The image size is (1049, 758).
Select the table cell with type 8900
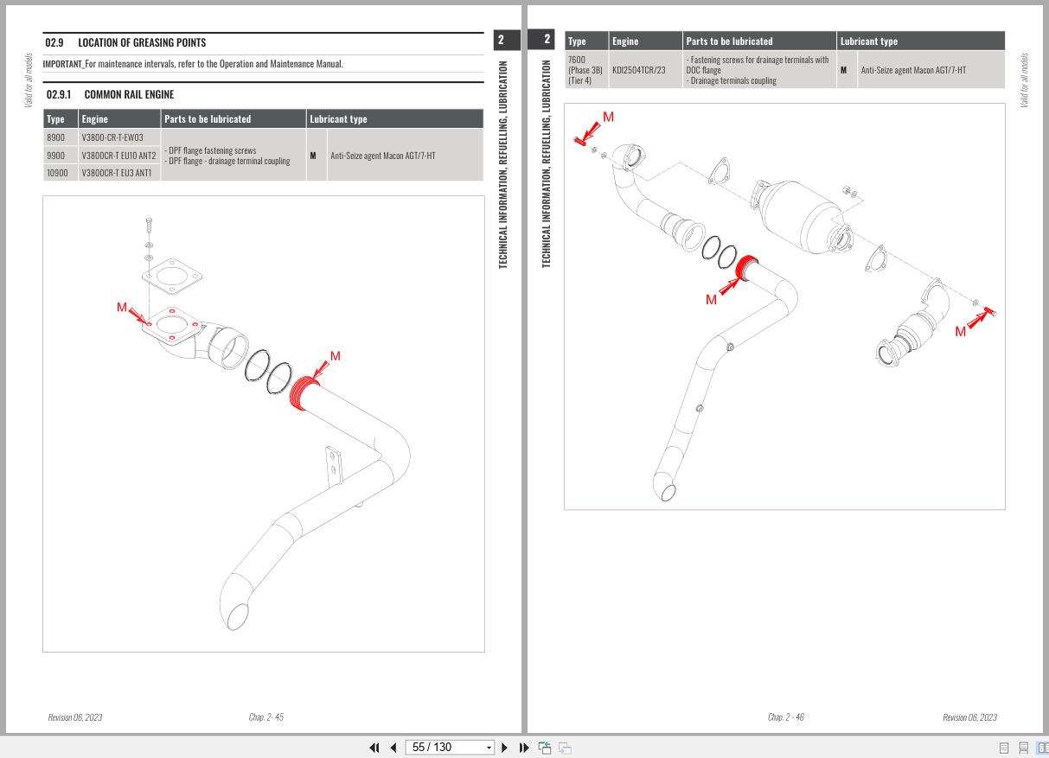pos(56,137)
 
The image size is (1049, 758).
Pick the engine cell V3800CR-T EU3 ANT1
pos(118,173)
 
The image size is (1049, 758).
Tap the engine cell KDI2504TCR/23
pos(639,69)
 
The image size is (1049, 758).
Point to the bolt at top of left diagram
pos(149,225)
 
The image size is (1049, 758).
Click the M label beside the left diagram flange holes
pos(122,308)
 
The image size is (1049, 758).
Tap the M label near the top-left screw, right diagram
pos(608,117)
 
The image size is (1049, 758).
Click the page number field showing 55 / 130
pos(443,747)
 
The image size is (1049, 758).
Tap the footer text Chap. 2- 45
pos(266,717)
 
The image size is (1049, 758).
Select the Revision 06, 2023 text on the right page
pos(969,717)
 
